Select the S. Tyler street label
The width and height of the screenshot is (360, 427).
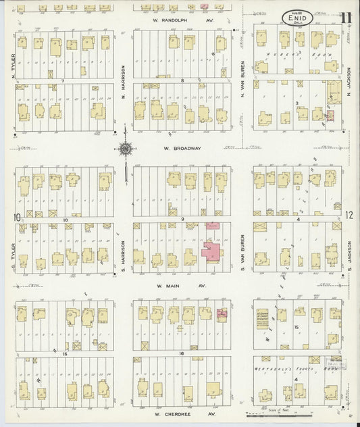point(12,254)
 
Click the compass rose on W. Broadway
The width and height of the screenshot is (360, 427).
point(126,149)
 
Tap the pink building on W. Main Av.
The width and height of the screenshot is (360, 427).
point(222,313)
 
